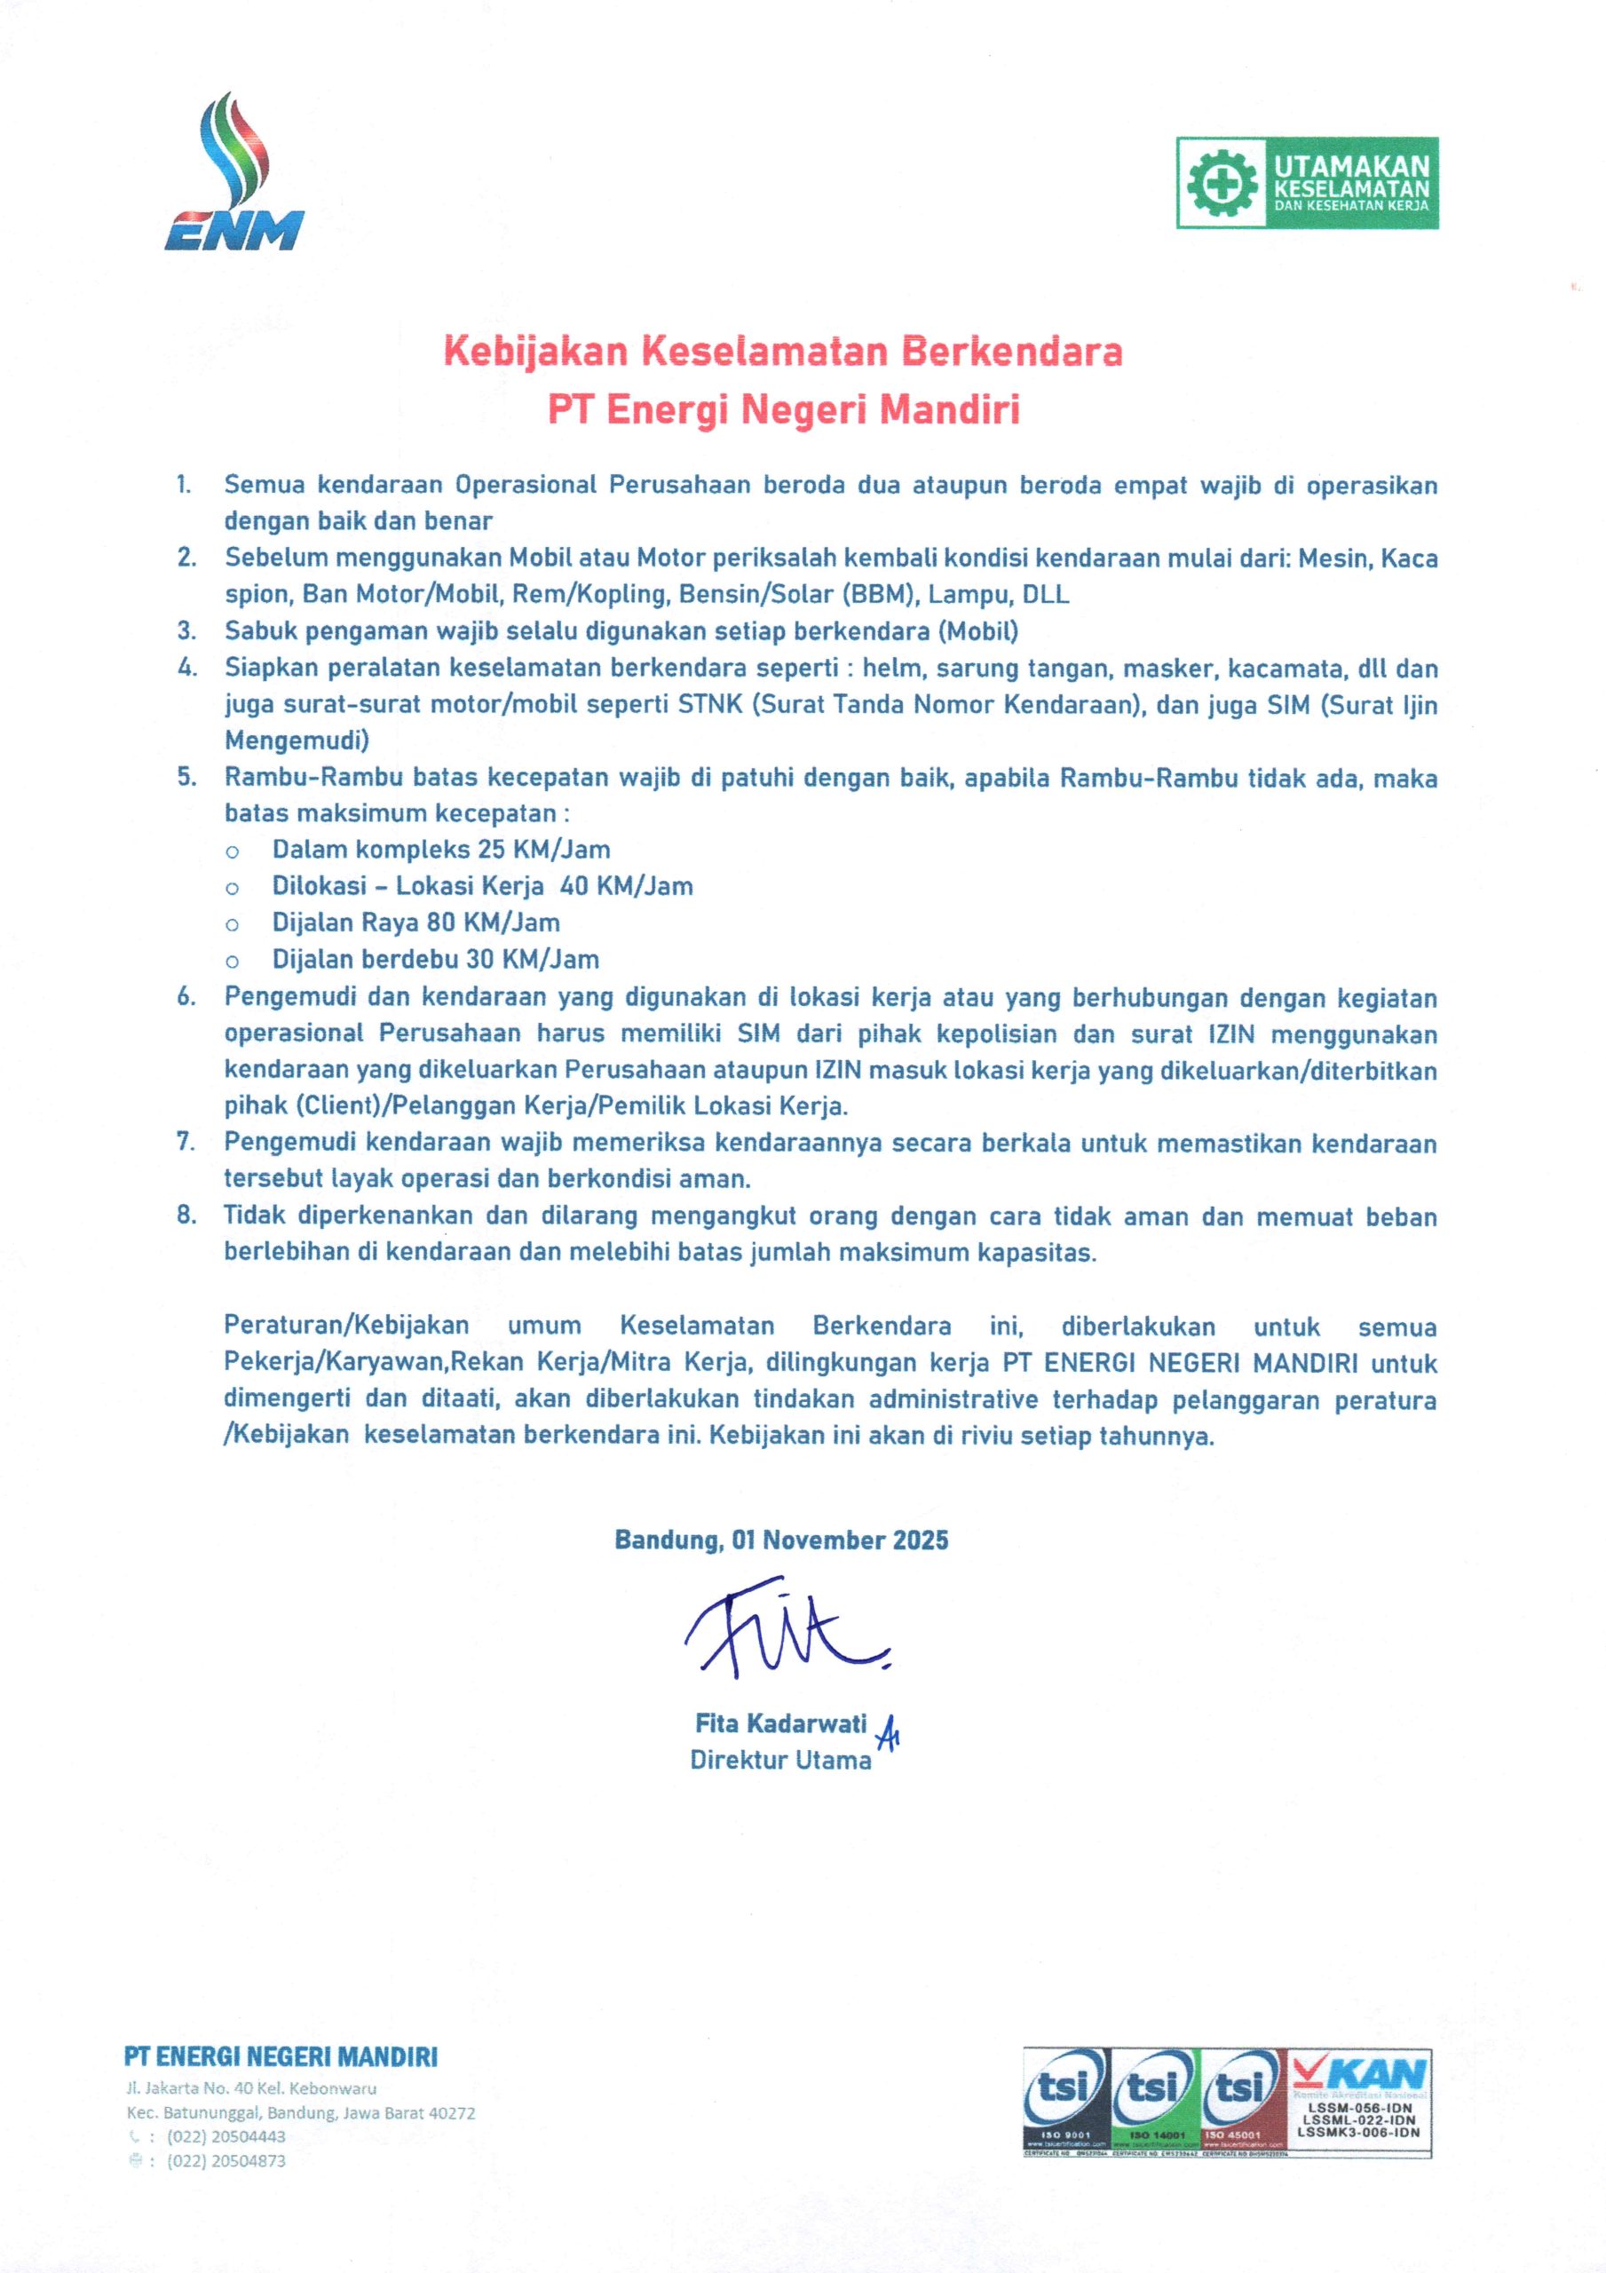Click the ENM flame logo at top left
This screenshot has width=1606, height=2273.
(233, 174)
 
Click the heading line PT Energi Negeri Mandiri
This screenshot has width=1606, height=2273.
(783, 410)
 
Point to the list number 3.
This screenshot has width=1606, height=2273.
(186, 630)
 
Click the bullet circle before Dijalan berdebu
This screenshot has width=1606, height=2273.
(232, 961)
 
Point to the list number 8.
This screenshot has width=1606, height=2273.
(186, 1216)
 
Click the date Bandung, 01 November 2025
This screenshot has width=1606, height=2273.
(781, 1540)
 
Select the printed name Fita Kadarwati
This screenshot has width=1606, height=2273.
(780, 1723)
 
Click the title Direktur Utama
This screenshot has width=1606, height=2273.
(780, 1760)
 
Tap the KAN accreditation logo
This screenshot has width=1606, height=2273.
(1357, 2100)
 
